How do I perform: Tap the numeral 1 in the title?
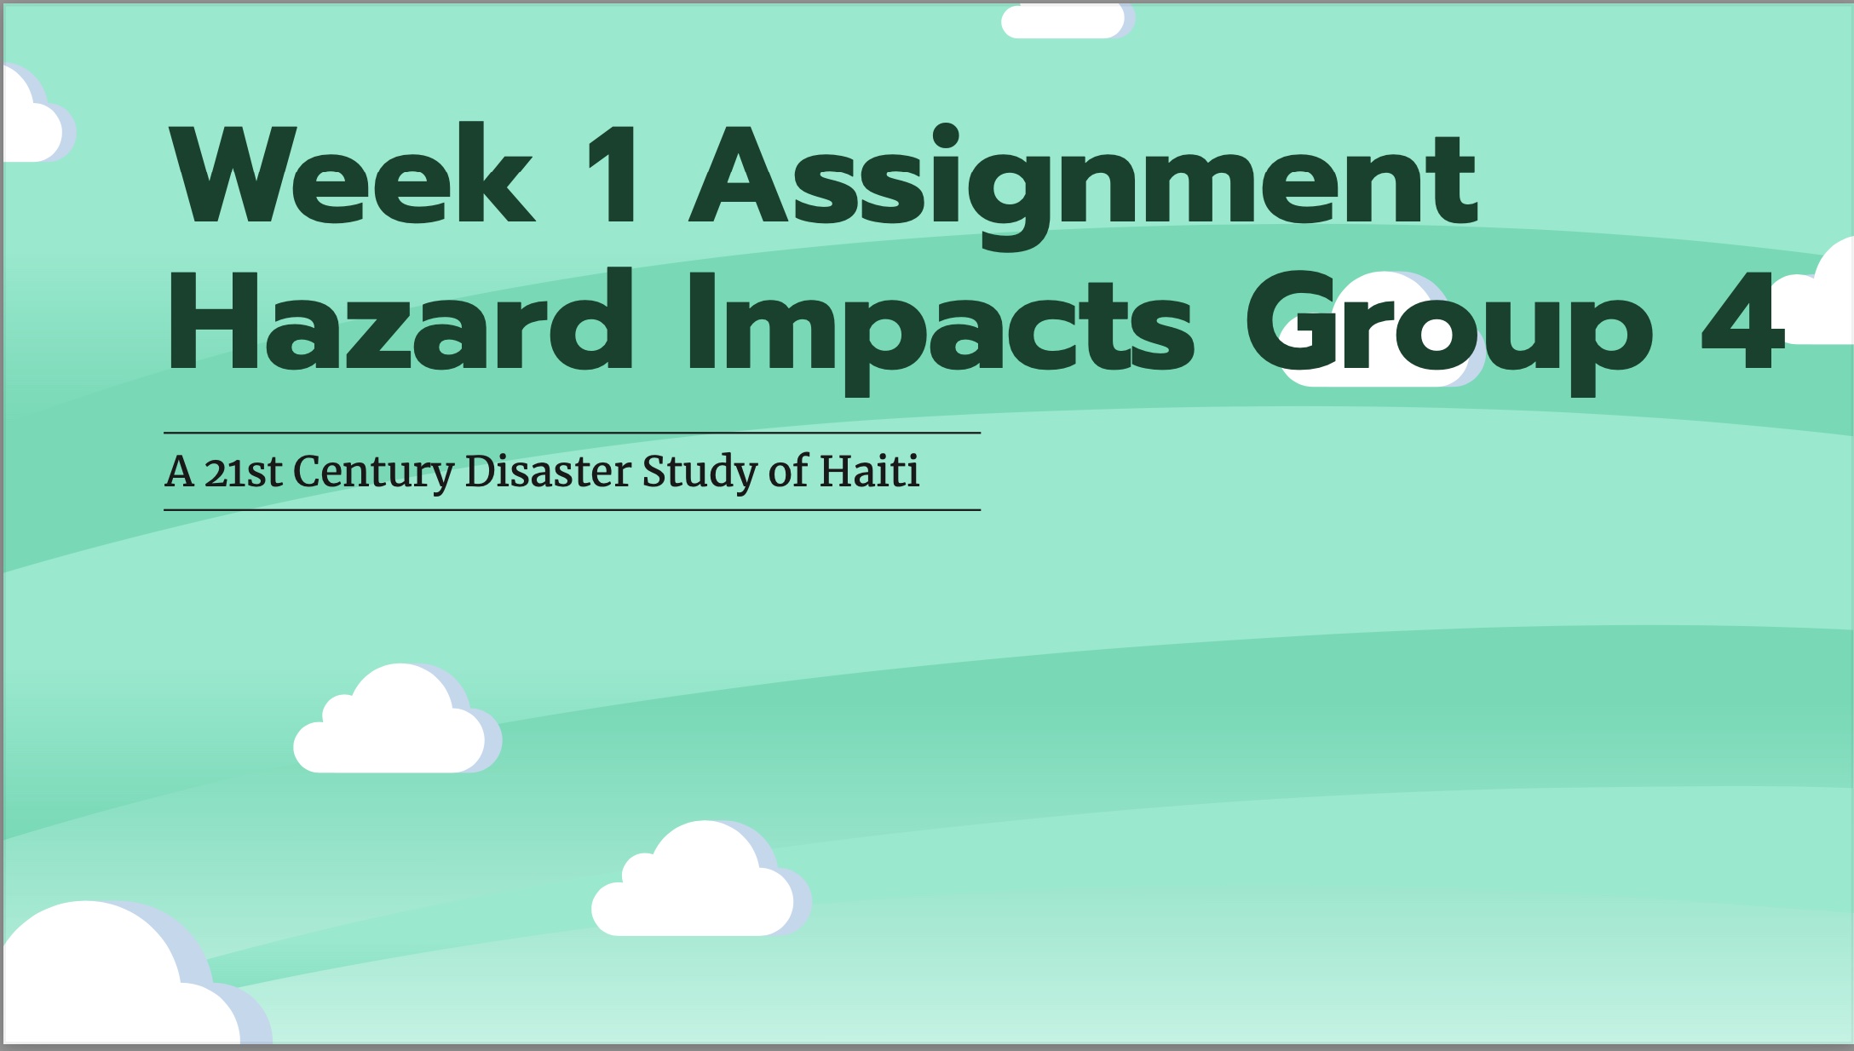click(615, 174)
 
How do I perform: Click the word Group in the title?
click(1449, 331)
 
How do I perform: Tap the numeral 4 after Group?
click(1743, 322)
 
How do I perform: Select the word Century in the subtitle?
click(373, 473)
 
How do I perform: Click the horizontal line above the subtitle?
click(572, 433)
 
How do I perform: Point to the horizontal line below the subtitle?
click(572, 509)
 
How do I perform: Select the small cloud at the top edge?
click(1068, 20)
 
